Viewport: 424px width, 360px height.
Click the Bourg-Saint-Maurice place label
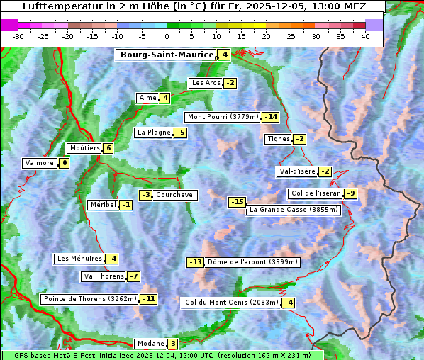(x=167, y=55)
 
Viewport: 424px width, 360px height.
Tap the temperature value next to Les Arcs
(x=230, y=83)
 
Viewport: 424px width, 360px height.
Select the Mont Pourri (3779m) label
(x=223, y=117)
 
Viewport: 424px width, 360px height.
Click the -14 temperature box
(x=271, y=117)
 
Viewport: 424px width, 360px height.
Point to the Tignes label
(x=278, y=139)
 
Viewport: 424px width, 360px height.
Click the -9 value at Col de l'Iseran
(x=350, y=193)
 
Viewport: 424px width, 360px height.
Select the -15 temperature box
(x=237, y=202)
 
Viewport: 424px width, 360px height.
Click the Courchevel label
(x=175, y=195)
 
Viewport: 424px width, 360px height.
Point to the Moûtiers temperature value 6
(x=108, y=148)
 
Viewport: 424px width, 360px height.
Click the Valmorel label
(x=40, y=163)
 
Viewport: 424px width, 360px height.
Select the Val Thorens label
(x=104, y=276)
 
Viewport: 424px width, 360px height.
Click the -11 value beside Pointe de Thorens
(x=148, y=299)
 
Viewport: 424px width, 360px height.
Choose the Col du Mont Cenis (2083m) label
(x=230, y=303)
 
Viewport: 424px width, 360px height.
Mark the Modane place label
(x=150, y=344)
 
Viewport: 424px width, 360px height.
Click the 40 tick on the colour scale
(x=365, y=35)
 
